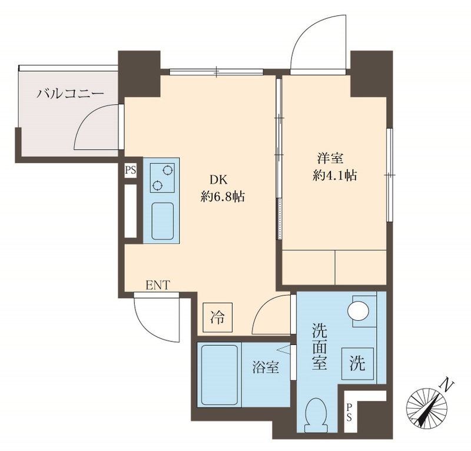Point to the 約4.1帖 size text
(335, 175)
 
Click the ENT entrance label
(158, 286)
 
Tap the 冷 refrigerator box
(217, 319)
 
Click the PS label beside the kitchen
(130, 171)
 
